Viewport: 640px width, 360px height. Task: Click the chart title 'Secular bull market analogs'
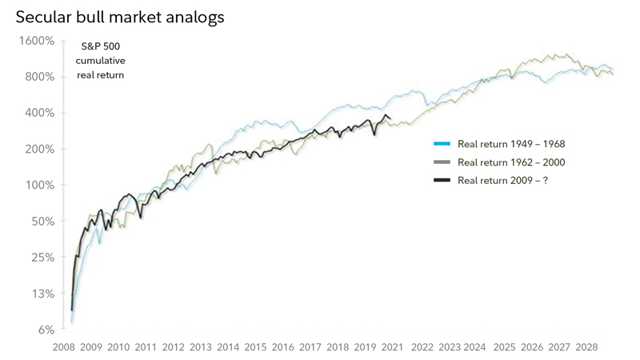(x=119, y=15)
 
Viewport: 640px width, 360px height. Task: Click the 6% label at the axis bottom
(x=46, y=330)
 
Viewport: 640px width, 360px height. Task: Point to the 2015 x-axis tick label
(x=255, y=347)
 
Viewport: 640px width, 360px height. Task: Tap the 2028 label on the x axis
(x=586, y=347)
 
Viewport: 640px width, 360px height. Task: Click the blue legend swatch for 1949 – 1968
(x=442, y=144)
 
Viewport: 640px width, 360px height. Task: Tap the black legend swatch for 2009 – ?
(x=442, y=181)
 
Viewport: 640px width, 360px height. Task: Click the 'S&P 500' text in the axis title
(x=100, y=47)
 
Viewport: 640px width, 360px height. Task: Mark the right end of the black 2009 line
(x=390, y=119)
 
